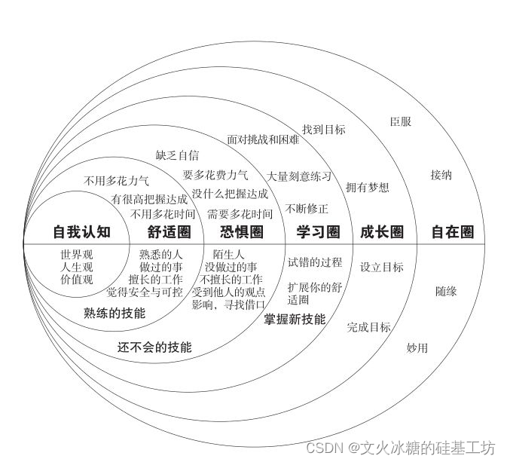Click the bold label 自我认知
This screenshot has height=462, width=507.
pos(81,231)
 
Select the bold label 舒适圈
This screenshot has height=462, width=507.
pos(170,231)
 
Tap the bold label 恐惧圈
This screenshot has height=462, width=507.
pos(243,231)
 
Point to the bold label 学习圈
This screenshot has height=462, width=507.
pos(318,231)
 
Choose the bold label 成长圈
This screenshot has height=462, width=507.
pos(381,231)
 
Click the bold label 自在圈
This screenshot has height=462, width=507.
pos(453,231)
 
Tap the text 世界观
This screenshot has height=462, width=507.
pos(76,254)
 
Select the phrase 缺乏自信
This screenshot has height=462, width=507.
pos(177,155)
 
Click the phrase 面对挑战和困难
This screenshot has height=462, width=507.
pos(263,139)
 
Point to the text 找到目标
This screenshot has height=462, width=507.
pos(323,129)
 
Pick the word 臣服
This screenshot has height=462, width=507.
pos(400,121)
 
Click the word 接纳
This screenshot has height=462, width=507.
pos(441,175)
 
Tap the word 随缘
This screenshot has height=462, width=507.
pos(446,291)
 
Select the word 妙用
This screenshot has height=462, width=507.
pos(417,347)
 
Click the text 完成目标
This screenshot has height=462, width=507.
pos(368,327)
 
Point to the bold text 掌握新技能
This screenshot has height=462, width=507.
pos(295,319)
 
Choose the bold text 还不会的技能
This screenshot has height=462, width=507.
pos(154,347)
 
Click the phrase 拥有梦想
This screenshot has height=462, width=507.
pos(368,187)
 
